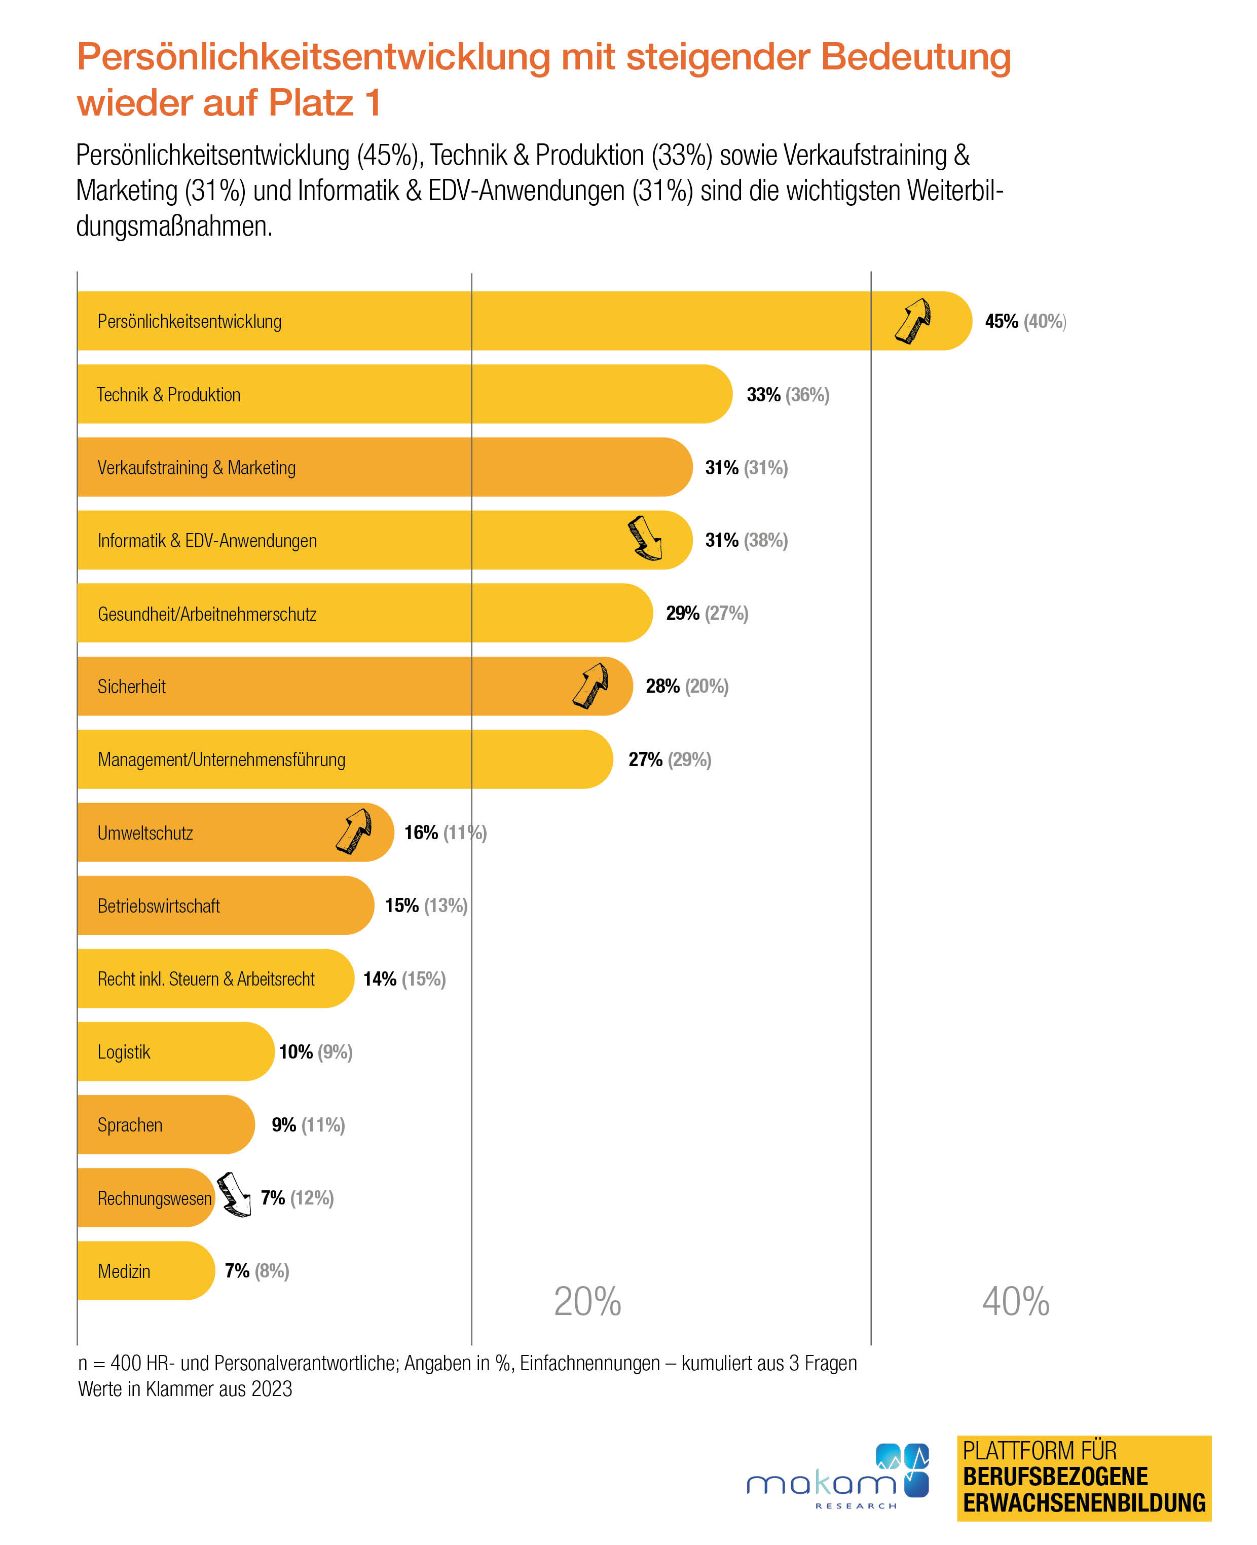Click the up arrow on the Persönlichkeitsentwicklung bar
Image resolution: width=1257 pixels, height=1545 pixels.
pos(912,320)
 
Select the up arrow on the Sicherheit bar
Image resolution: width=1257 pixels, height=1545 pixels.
pos(591,685)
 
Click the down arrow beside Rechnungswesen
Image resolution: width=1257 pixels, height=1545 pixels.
pos(234,1195)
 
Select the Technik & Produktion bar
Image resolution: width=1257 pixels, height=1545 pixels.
pos(405,394)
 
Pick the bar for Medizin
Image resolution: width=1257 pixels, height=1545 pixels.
pos(145,1270)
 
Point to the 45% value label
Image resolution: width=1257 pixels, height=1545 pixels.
pos(1002,321)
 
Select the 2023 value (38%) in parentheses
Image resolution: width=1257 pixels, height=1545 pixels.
pos(766,540)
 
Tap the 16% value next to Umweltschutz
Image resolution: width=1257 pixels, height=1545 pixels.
pos(421,833)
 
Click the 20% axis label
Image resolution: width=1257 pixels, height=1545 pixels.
pos(587,1302)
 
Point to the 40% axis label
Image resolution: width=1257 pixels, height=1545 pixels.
pos(1015,1302)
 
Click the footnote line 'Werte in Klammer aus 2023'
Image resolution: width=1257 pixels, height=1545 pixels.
pos(186,1388)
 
